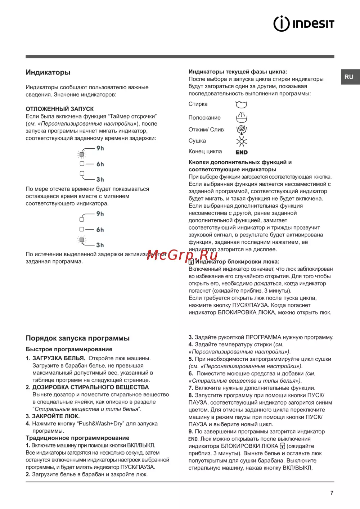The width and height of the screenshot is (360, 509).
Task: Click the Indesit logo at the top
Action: click(x=304, y=24)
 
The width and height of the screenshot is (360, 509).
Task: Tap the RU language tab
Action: click(x=349, y=77)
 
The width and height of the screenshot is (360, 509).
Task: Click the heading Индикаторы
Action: click(x=48, y=72)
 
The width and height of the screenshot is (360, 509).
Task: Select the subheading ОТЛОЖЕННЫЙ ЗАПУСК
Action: click(x=60, y=109)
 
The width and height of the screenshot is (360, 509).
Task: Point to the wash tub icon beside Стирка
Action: click(x=241, y=104)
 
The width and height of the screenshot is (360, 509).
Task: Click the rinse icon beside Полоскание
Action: click(x=241, y=117)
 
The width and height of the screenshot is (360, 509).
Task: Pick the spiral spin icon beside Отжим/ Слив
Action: click(x=241, y=129)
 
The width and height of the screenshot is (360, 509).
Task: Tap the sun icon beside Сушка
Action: click(x=241, y=141)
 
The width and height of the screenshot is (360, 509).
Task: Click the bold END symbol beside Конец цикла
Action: click(x=242, y=152)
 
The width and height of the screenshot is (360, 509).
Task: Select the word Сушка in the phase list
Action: click(x=197, y=141)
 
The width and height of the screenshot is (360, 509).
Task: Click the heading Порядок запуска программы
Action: click(x=77, y=338)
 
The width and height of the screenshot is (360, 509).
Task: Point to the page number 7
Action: click(x=332, y=493)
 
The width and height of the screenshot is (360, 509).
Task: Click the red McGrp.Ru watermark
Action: click(x=182, y=255)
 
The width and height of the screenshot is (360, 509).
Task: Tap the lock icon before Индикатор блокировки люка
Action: click(x=191, y=262)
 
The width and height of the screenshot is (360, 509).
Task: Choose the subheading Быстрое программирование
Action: click(x=69, y=349)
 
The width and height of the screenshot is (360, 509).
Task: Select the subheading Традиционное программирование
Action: click(x=77, y=438)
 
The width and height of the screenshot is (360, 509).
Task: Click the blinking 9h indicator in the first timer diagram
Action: click(x=82, y=154)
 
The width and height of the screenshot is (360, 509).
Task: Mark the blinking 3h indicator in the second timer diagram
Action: click(x=82, y=240)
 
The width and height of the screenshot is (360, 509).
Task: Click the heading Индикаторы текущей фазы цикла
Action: click(x=238, y=72)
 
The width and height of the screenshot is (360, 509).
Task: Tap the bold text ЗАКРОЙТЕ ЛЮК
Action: click(x=56, y=416)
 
